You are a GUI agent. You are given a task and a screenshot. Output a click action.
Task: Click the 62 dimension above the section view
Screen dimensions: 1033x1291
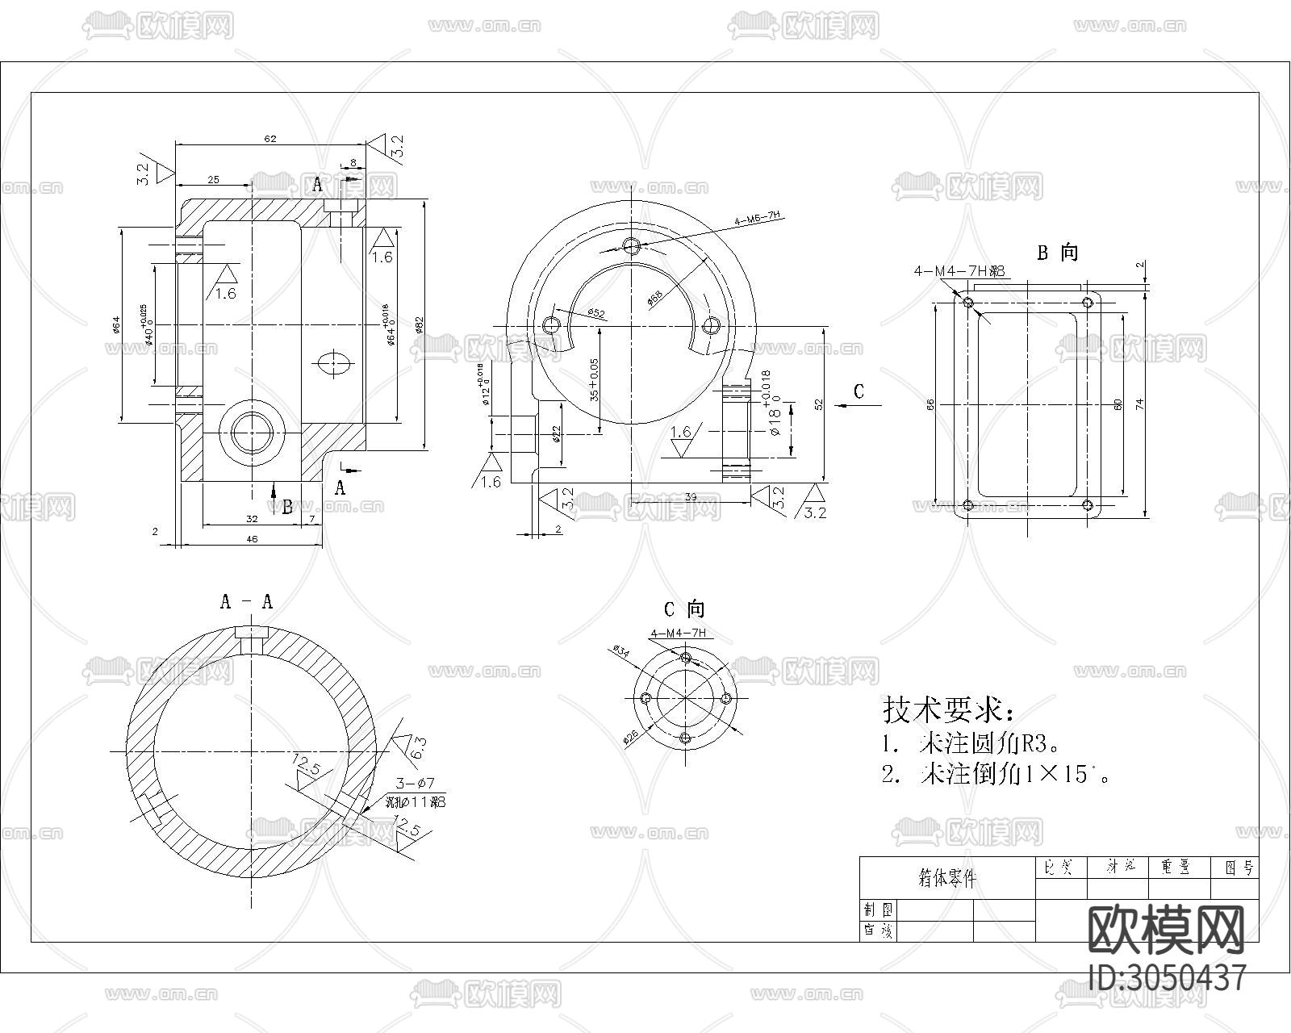click(x=269, y=139)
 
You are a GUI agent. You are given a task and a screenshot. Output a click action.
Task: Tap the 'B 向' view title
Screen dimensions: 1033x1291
click(x=1057, y=253)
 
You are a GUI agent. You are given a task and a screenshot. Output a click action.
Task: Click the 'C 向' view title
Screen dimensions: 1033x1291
click(x=683, y=609)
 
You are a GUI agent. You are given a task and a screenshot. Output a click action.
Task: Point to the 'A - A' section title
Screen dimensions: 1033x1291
click(x=246, y=602)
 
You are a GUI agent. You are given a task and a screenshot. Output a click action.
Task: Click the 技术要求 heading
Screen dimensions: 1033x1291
click(x=948, y=711)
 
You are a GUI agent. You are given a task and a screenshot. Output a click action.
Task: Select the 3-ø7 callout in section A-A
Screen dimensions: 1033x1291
click(x=416, y=784)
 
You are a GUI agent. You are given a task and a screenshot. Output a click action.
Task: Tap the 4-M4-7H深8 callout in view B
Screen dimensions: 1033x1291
click(x=959, y=272)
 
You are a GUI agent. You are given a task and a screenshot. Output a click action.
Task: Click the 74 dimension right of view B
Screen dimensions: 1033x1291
click(x=1139, y=404)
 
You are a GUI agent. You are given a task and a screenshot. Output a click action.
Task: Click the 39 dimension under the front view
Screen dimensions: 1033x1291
click(x=690, y=498)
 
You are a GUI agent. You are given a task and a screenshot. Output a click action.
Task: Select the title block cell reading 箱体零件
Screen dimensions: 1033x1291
click(x=946, y=879)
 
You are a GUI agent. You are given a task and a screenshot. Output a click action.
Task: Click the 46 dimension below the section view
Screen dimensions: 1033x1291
click(x=251, y=540)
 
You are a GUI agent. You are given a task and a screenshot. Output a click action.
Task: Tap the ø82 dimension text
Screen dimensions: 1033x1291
click(x=419, y=324)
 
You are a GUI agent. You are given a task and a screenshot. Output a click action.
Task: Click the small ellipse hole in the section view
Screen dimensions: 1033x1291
click(x=333, y=362)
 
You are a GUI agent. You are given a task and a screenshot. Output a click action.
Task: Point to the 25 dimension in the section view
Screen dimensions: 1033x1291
click(x=213, y=180)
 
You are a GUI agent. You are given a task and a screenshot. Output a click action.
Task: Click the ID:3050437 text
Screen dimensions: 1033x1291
click(x=1168, y=978)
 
